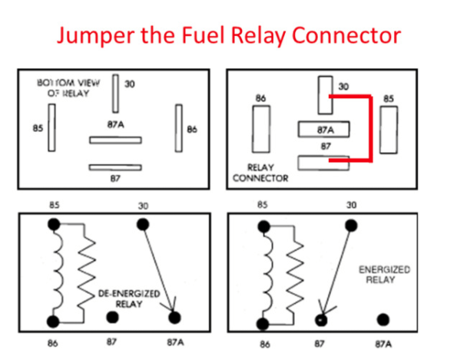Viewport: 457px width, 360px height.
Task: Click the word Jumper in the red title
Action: [96, 36]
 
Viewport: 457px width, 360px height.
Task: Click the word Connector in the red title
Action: [346, 35]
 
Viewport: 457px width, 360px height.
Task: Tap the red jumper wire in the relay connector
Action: [371, 128]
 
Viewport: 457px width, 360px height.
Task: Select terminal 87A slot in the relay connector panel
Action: [324, 129]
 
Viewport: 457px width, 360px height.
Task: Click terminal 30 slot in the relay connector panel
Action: [325, 95]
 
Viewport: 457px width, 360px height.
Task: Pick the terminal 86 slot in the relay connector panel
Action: [261, 129]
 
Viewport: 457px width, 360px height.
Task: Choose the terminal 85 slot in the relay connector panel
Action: [389, 130]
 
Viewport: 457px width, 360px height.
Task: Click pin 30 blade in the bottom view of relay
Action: [116, 94]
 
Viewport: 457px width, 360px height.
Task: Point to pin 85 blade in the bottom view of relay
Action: [52, 127]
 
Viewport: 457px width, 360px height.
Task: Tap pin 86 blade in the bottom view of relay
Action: [179, 128]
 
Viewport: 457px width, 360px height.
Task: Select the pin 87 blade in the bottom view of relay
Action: [115, 167]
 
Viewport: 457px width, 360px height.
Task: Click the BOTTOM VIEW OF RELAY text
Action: [68, 88]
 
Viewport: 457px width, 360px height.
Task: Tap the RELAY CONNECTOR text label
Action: [260, 173]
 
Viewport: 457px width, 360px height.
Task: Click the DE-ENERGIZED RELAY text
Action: [129, 299]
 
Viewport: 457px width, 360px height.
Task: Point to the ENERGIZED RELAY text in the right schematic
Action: [384, 275]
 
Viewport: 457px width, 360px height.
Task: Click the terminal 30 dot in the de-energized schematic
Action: [143, 225]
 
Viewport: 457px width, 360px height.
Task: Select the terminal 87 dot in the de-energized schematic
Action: [112, 317]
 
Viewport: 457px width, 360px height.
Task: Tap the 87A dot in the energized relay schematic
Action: [383, 320]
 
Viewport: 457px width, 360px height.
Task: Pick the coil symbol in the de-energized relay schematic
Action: [58, 272]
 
